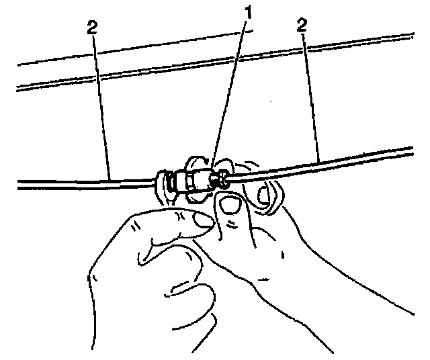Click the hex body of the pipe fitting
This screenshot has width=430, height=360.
pyautogui.click(x=196, y=180)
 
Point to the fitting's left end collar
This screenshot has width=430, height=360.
pyautogui.click(x=163, y=183)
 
